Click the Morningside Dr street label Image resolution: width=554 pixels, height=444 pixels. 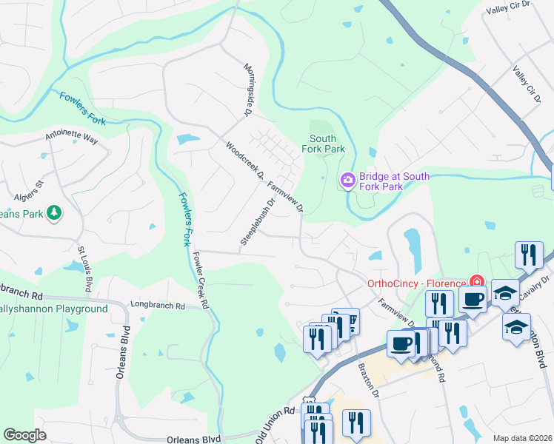[x=248, y=90]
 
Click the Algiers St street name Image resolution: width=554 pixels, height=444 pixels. [x=30, y=190]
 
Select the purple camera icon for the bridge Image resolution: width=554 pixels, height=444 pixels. [x=347, y=181]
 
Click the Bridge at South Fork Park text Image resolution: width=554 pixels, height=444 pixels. [x=394, y=182]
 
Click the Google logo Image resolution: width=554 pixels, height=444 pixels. [x=24, y=435]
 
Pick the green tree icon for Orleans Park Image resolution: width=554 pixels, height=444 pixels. [x=53, y=213]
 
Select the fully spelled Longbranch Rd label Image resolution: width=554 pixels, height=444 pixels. [x=156, y=303]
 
